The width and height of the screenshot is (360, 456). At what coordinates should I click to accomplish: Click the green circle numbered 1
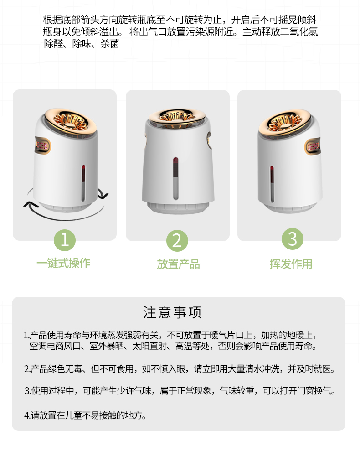pyautogui.click(x=65, y=240)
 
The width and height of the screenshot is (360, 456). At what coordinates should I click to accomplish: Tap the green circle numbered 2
pyautogui.click(x=177, y=240)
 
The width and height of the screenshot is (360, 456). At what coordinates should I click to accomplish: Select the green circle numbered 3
pyautogui.click(x=292, y=239)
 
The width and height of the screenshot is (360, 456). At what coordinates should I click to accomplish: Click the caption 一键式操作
pyautogui.click(x=63, y=263)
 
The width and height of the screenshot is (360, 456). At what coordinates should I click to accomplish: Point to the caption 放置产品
pyautogui.click(x=178, y=264)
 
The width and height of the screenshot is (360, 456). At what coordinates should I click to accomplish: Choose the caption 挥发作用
pyautogui.click(x=291, y=264)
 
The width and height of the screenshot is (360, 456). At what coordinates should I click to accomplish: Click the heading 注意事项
pyautogui.click(x=172, y=312)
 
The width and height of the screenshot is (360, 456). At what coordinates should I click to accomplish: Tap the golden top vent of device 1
pyautogui.click(x=71, y=122)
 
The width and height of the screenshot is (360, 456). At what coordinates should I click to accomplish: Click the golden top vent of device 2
pyautogui.click(x=178, y=119)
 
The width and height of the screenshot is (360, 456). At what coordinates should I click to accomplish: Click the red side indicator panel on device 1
pyautogui.click(x=42, y=145)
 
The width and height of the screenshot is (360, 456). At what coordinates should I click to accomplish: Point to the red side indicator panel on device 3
pyautogui.click(x=312, y=147)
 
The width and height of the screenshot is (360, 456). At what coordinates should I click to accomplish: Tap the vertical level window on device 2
pyautogui.click(x=175, y=178)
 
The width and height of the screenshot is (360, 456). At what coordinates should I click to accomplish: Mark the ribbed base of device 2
pyautogui.click(x=178, y=207)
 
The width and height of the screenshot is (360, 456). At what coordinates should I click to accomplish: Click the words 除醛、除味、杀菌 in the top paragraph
pyautogui.click(x=82, y=44)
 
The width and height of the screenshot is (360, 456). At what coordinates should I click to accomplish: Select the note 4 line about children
pyautogui.click(x=85, y=415)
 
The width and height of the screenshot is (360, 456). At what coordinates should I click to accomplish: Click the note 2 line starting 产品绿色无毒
pyautogui.click(x=179, y=369)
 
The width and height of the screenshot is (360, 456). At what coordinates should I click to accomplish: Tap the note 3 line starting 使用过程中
pyautogui.click(x=180, y=390)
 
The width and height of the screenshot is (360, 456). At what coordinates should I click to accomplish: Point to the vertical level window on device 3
pyautogui.click(x=272, y=184)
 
